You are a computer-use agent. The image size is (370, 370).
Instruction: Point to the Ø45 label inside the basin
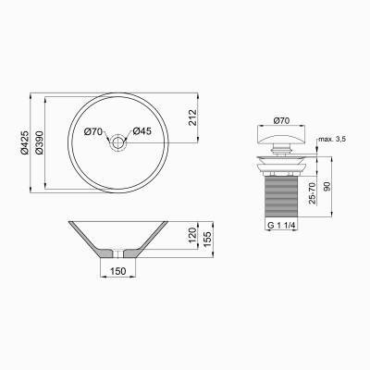point(142,130)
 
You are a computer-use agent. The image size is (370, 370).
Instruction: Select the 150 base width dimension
point(117,271)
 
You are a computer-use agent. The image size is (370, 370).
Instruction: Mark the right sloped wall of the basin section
point(149,238)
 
